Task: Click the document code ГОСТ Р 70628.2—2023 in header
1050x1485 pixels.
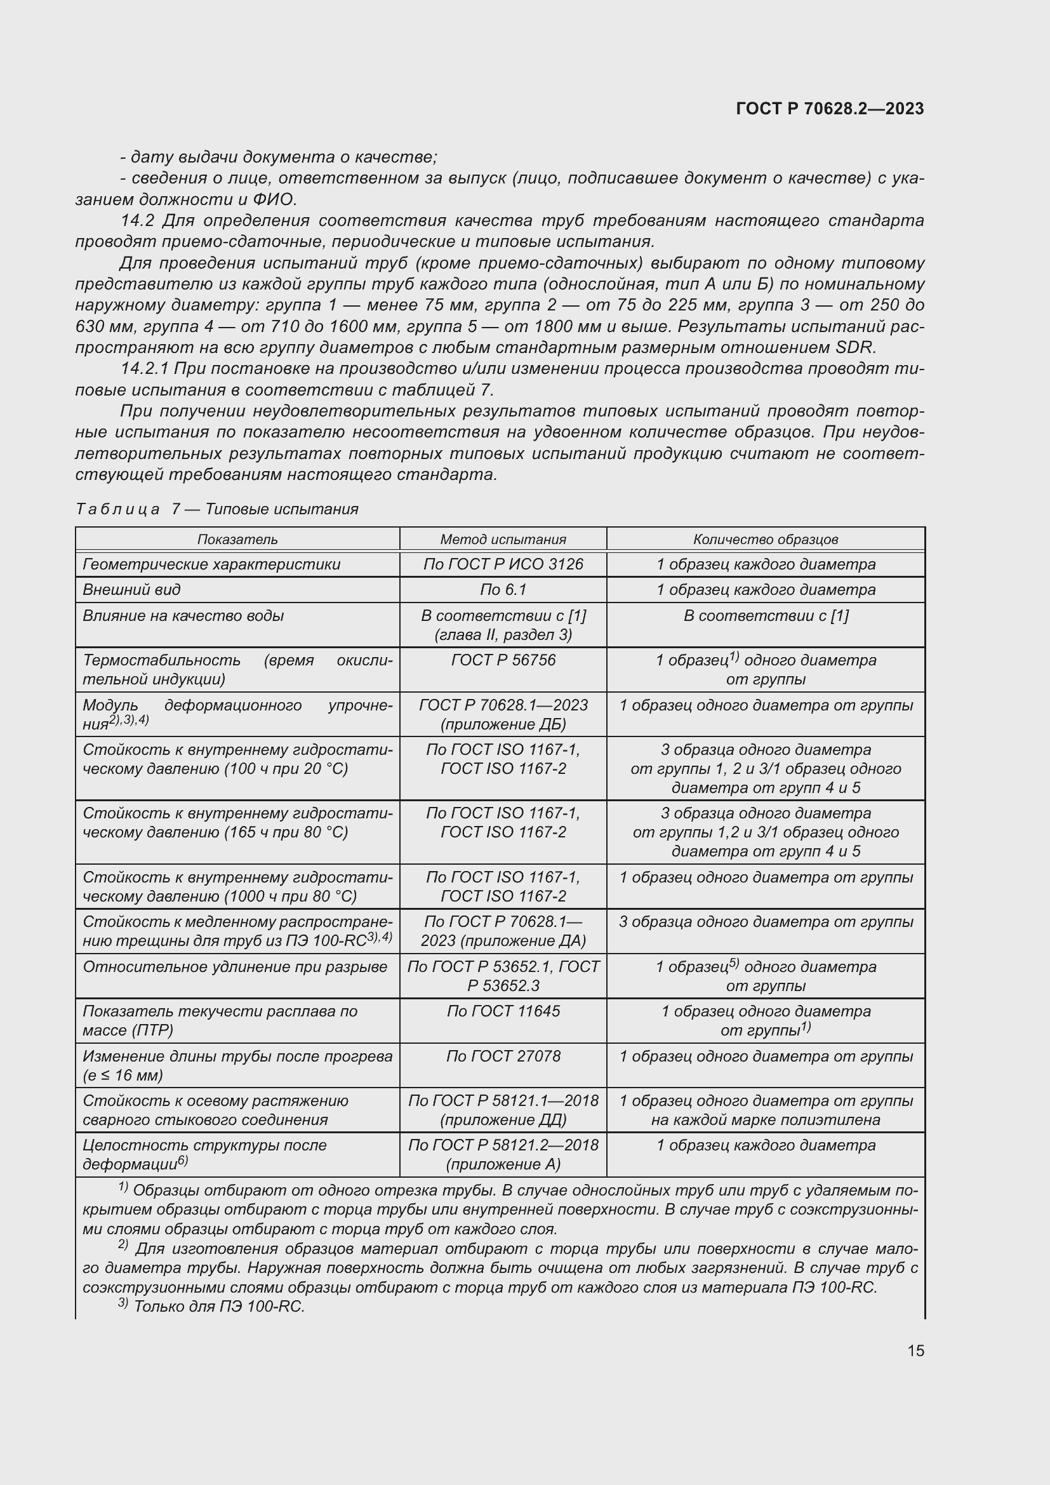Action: (830, 109)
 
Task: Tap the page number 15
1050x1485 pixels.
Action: (915, 1350)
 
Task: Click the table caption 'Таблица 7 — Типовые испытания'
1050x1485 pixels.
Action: (216, 509)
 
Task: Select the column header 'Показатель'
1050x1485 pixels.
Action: (237, 540)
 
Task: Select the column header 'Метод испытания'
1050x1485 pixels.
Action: (503, 540)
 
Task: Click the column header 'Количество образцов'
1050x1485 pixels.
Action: (766, 540)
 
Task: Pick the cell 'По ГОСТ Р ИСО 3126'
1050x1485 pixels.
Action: (503, 564)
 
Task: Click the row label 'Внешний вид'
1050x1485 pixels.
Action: (132, 589)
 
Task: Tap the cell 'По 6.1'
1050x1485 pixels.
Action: (503, 589)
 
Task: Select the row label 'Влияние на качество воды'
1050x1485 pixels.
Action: (183, 615)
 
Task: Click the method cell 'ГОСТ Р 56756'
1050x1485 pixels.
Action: (503, 660)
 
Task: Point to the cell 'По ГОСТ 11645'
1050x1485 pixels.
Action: (503, 1011)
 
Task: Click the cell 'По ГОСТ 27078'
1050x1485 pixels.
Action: (503, 1056)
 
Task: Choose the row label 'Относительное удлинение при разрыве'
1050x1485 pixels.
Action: (235, 967)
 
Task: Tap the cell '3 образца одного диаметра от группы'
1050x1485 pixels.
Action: (766, 922)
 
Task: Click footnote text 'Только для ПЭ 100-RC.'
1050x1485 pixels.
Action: (218, 1307)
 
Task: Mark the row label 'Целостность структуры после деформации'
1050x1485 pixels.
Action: (204, 1154)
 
